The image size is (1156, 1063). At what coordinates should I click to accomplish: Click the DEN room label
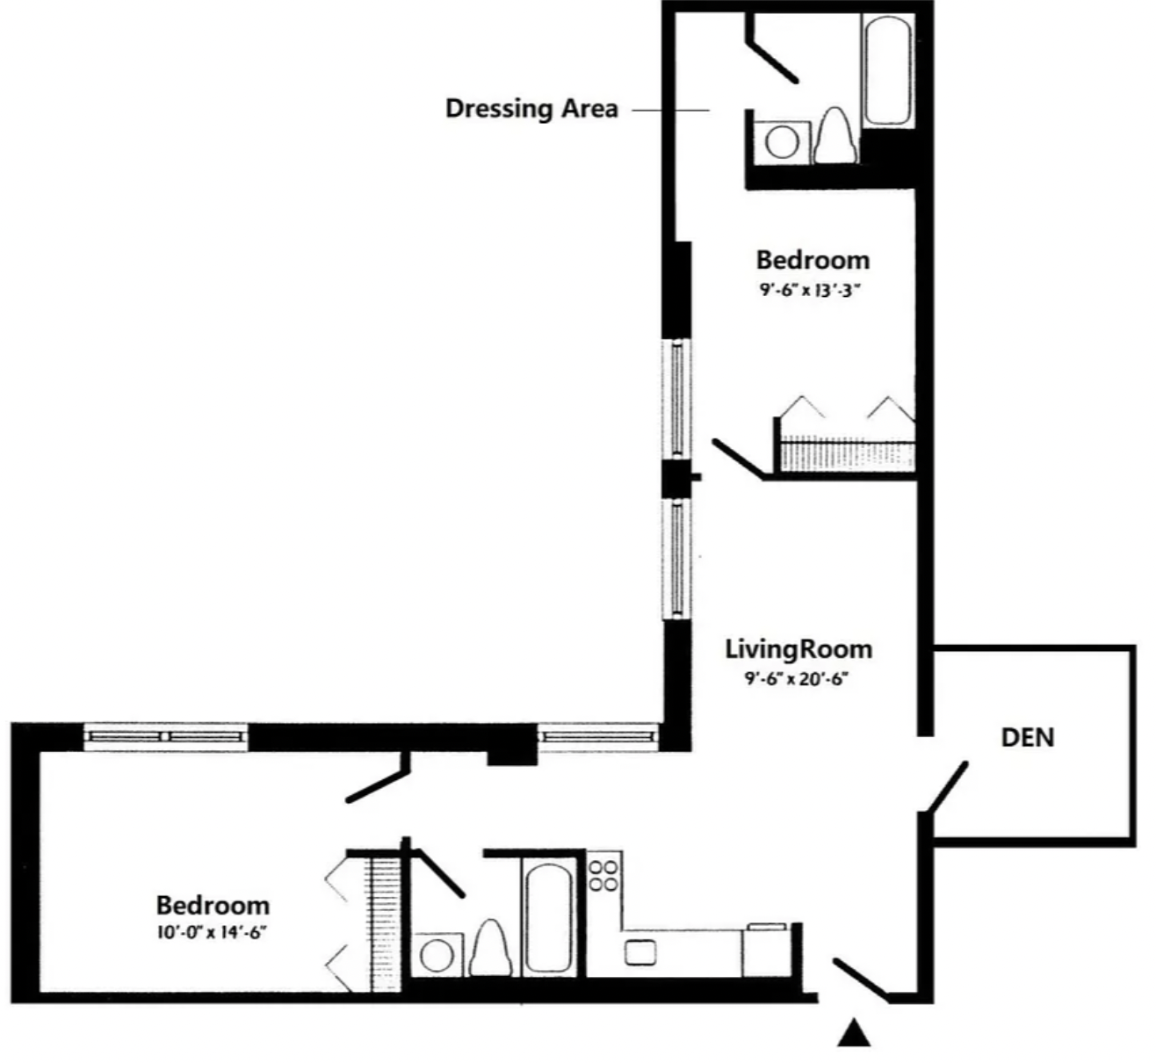coord(1028,738)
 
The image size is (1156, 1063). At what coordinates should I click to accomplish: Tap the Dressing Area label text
coord(532,109)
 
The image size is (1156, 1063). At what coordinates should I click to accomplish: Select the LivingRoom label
coord(798,649)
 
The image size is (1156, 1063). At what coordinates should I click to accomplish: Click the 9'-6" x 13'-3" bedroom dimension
coord(810,290)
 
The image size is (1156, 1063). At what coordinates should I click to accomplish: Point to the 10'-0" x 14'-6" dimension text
coord(212,932)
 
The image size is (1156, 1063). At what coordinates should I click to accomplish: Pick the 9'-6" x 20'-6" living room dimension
coord(797,679)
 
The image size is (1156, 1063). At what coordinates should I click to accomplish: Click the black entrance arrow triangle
coord(854,1032)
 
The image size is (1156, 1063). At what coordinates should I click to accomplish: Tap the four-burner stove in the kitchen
coord(603,876)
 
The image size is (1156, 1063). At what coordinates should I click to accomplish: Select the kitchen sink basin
coord(640,952)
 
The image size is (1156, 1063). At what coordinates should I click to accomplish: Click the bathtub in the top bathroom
coord(888,69)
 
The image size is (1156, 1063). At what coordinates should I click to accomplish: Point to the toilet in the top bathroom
coord(835,136)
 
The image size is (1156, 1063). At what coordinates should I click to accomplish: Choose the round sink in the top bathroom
coord(782,141)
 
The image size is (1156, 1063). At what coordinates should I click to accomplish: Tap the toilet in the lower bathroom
coord(490,948)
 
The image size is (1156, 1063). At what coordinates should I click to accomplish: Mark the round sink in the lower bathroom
coord(437,955)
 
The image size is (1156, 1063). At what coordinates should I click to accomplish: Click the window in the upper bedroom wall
coord(676,399)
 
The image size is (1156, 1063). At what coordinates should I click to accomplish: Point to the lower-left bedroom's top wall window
coord(165,737)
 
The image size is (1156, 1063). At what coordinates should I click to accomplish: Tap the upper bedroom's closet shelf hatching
coord(847,455)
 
